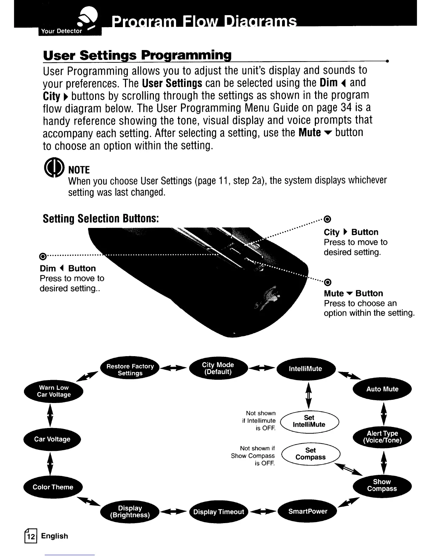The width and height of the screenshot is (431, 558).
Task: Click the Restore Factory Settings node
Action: (x=130, y=370)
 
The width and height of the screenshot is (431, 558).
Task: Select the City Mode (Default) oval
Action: (x=218, y=368)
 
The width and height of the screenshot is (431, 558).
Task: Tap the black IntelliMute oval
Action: (x=306, y=369)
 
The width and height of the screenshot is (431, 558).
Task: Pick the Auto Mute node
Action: (x=382, y=389)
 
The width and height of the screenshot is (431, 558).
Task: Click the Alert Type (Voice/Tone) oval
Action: (x=382, y=437)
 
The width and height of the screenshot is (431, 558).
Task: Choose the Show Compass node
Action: (x=382, y=485)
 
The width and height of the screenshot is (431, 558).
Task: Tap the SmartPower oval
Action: (x=307, y=511)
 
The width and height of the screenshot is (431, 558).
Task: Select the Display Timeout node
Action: (x=218, y=512)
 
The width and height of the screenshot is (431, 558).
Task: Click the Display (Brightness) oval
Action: (x=130, y=512)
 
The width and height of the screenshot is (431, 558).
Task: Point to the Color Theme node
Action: (x=53, y=487)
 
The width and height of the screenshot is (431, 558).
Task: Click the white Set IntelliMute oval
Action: (x=309, y=421)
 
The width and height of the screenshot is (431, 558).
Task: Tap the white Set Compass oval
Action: (x=311, y=454)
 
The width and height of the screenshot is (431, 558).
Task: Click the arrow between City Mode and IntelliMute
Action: (x=262, y=368)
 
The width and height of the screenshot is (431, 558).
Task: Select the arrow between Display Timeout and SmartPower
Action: (x=263, y=512)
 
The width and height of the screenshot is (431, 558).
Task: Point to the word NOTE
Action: (x=79, y=170)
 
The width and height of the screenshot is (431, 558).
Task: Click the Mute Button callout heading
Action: (x=353, y=293)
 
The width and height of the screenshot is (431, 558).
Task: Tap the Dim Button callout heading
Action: (x=68, y=268)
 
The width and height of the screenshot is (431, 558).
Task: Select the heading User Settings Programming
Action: (x=137, y=55)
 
